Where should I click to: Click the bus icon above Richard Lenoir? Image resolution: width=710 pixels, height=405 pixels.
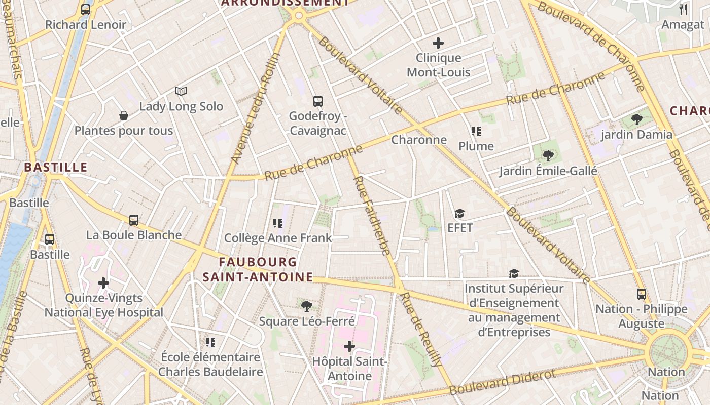click(x=86, y=9)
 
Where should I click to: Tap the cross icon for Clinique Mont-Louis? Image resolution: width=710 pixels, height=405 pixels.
click(x=438, y=43)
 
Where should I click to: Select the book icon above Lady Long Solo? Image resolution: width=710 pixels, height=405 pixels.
click(x=181, y=91)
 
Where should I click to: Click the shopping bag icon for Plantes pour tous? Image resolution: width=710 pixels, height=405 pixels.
click(x=124, y=115)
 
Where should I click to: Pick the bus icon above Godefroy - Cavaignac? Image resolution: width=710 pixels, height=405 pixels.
click(x=318, y=101)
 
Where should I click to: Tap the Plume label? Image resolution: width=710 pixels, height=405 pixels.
click(x=476, y=146)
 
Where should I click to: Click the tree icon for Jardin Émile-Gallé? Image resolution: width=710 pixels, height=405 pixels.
click(x=548, y=155)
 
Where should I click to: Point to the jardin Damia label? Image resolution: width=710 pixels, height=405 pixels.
click(x=636, y=135)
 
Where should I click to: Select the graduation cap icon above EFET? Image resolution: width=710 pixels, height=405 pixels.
click(x=460, y=213)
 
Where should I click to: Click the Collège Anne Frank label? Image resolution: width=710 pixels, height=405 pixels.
click(x=278, y=238)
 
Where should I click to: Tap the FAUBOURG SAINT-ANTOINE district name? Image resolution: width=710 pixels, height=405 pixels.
click(x=258, y=269)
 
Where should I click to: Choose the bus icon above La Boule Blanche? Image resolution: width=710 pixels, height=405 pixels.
click(x=134, y=220)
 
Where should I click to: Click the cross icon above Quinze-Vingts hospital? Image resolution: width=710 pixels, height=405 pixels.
click(x=104, y=283)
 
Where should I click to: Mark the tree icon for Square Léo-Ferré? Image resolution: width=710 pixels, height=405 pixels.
click(x=306, y=306)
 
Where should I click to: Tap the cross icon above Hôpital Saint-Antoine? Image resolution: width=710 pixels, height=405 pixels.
click(x=349, y=347)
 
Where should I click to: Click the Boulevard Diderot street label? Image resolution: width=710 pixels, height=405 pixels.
click(x=502, y=382)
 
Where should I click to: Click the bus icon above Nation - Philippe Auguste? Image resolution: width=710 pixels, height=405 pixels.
click(x=642, y=294)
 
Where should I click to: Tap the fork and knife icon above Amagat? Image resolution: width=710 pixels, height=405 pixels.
click(x=683, y=10)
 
